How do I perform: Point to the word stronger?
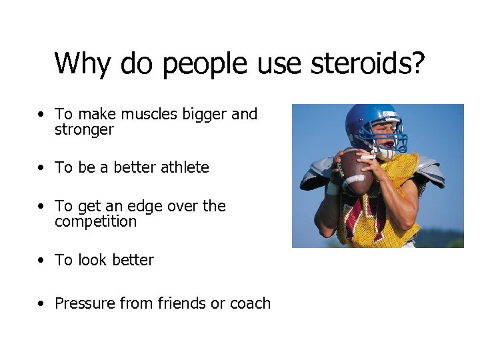[84, 130]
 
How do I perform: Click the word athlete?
[185, 167]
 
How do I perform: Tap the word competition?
[95, 222]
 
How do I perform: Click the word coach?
[250, 303]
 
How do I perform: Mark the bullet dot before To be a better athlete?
[42, 168]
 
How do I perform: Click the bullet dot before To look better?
[42, 261]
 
